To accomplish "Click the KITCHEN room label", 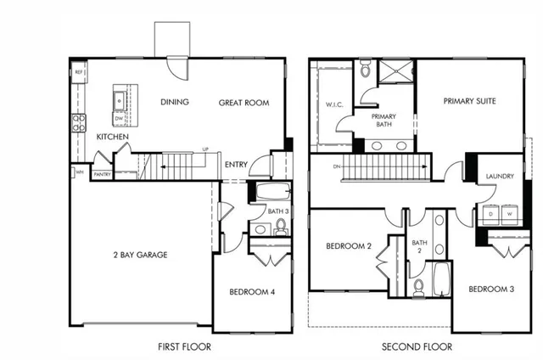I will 112,137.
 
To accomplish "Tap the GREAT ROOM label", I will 244,103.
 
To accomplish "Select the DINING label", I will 174,103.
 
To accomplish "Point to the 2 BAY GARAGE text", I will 138,255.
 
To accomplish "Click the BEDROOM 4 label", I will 251,293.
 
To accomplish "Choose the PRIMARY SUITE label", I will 469,101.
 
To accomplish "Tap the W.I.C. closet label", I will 333,106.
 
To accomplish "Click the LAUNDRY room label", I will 500,177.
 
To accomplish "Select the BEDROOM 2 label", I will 349,247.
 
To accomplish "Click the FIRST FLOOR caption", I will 184,346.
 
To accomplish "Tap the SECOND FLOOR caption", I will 417,346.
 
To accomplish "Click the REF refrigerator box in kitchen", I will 78,73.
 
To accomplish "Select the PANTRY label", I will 102,175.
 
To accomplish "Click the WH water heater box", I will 79,172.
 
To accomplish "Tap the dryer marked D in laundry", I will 490,215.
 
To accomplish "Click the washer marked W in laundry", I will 510,215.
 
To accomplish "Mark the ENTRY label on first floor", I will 235,166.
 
